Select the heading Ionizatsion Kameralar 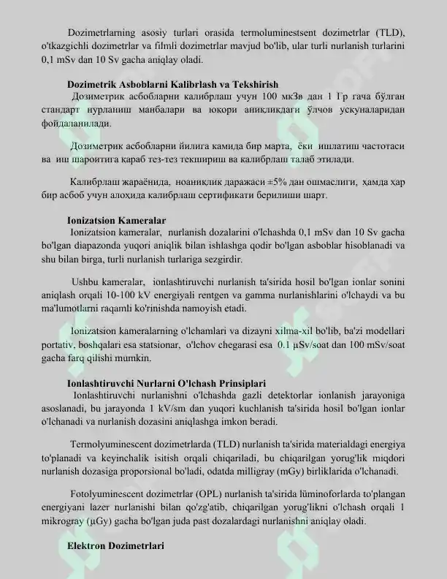point(116,220)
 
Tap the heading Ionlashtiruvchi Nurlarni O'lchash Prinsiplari point(166,382)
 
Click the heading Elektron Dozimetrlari point(115,546)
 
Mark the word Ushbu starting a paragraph point(86,281)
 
